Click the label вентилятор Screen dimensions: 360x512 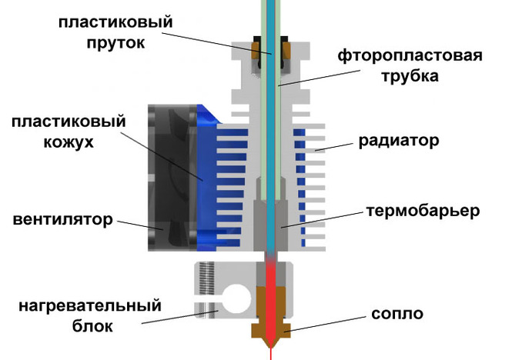coord(62,221)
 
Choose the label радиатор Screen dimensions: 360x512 coord(398,142)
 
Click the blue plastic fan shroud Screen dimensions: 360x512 coord(207,177)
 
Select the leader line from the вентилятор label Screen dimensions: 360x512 coord(138,225)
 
